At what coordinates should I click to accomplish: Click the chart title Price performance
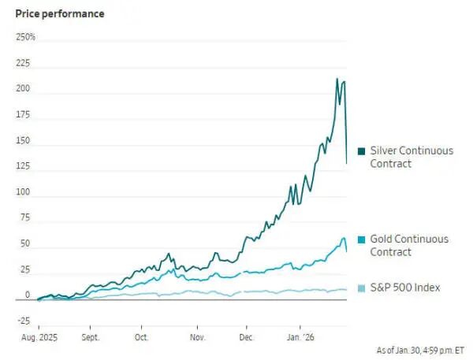59,14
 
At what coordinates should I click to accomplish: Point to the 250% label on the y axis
25,37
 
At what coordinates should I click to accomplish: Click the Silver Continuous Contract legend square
361,150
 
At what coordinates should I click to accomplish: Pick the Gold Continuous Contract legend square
361,239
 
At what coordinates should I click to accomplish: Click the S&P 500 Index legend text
404,288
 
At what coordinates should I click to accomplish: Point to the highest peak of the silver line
337,79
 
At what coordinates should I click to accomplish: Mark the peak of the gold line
343,238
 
